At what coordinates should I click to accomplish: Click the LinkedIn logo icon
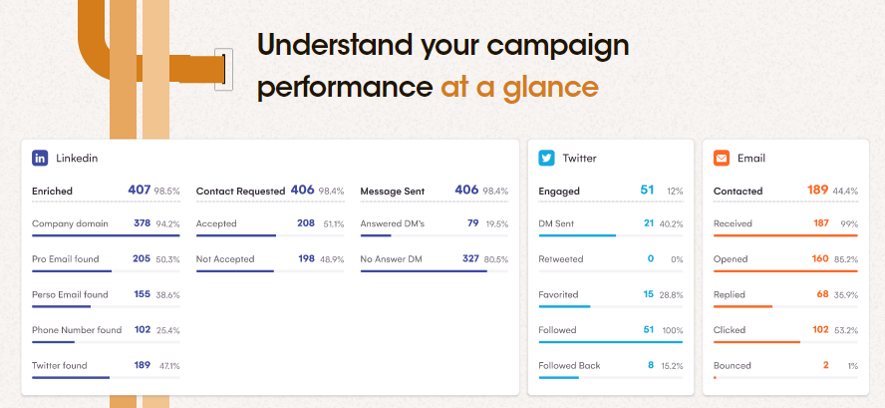[40, 159]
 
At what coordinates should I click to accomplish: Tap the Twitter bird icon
[546, 159]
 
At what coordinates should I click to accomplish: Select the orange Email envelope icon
[722, 159]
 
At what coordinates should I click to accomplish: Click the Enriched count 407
[139, 190]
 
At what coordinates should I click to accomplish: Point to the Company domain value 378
[143, 223]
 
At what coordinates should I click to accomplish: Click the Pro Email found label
[66, 258]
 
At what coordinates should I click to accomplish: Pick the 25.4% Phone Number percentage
[168, 330]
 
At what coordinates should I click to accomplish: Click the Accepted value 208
[306, 223]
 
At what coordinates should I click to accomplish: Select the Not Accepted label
[225, 258]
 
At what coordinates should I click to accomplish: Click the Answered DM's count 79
[473, 223]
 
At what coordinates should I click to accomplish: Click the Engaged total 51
[647, 190]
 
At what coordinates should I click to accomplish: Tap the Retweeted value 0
[651, 258]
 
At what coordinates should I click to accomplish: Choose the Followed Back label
[569, 365]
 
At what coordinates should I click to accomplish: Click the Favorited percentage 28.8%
[672, 294]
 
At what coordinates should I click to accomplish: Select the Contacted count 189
[817, 190]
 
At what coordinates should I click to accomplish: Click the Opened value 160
[820, 258]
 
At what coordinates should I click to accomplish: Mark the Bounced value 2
[826, 365]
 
